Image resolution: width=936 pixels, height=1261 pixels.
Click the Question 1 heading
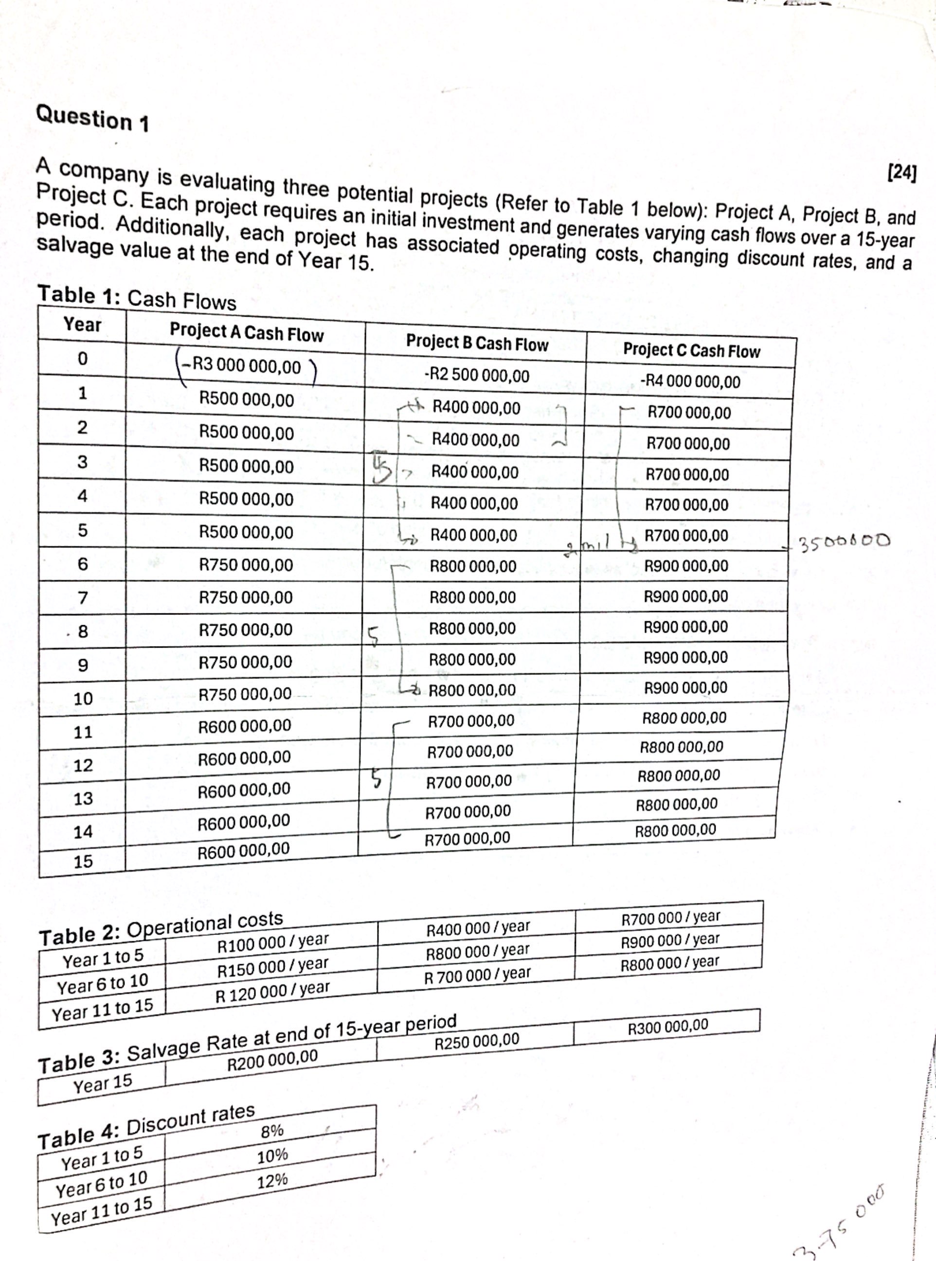click(92, 118)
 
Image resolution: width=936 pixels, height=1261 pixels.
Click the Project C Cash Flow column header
click(691, 351)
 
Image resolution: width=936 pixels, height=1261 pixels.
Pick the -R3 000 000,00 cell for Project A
click(247, 366)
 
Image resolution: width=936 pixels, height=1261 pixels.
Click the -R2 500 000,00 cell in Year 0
click(476, 376)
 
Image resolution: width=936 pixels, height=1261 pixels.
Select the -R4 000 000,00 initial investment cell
click(690, 382)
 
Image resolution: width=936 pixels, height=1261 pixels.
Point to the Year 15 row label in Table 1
click(83, 862)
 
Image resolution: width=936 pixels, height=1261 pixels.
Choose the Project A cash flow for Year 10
click(245, 694)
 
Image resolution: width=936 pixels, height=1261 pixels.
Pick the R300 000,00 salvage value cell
click(668, 1026)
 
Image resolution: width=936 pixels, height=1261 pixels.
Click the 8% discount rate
click(272, 1131)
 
